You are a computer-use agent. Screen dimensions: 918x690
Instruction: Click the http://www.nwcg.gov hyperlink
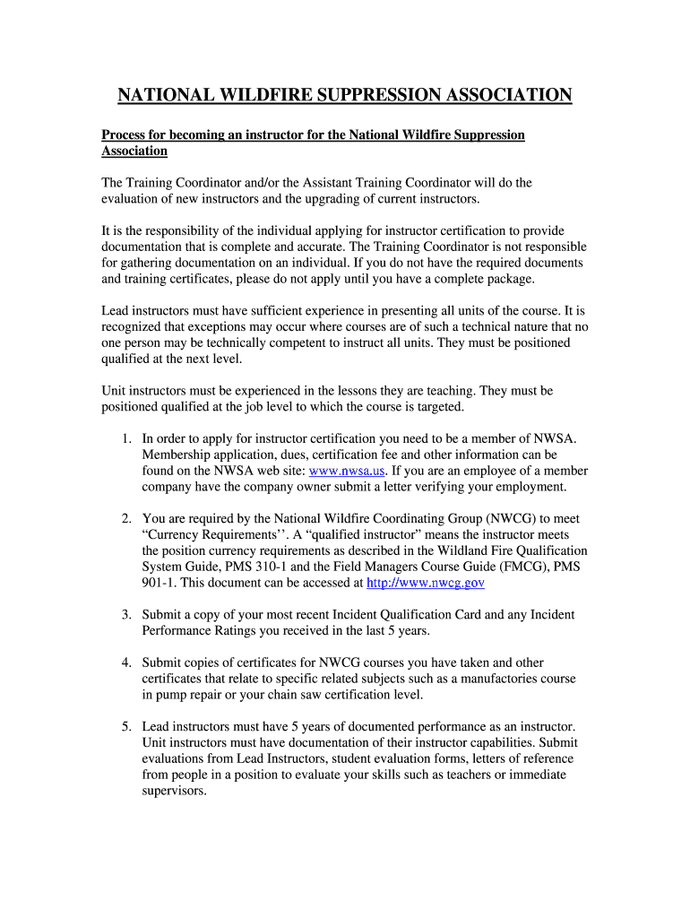[x=426, y=582]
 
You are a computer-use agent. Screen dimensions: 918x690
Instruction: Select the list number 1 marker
[x=126, y=438]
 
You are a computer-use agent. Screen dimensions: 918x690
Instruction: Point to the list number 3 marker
[x=126, y=614]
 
